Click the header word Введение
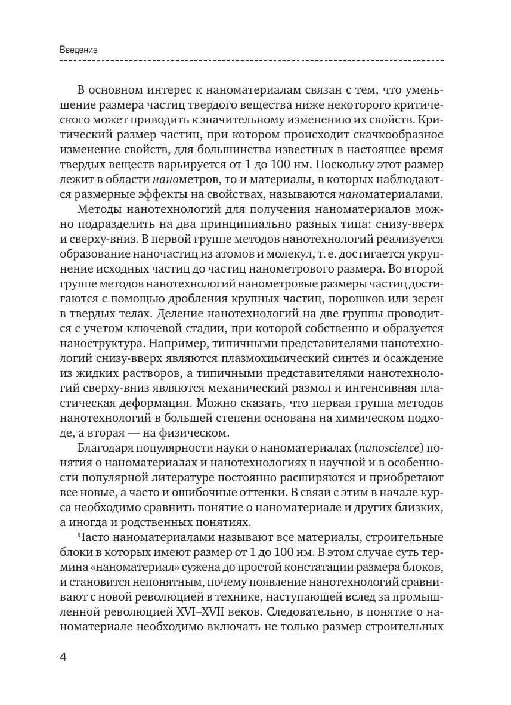pyautogui.click(x=78, y=50)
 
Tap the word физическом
pyautogui.click(x=197, y=432)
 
